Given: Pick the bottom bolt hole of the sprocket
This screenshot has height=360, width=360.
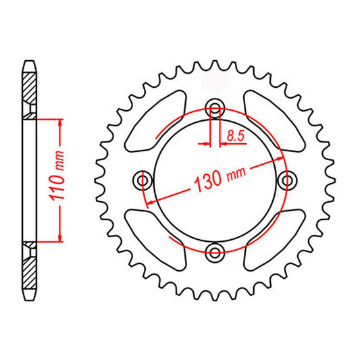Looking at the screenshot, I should tap(215, 253).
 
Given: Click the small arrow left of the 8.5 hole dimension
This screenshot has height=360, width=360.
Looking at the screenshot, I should tap(205, 143).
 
